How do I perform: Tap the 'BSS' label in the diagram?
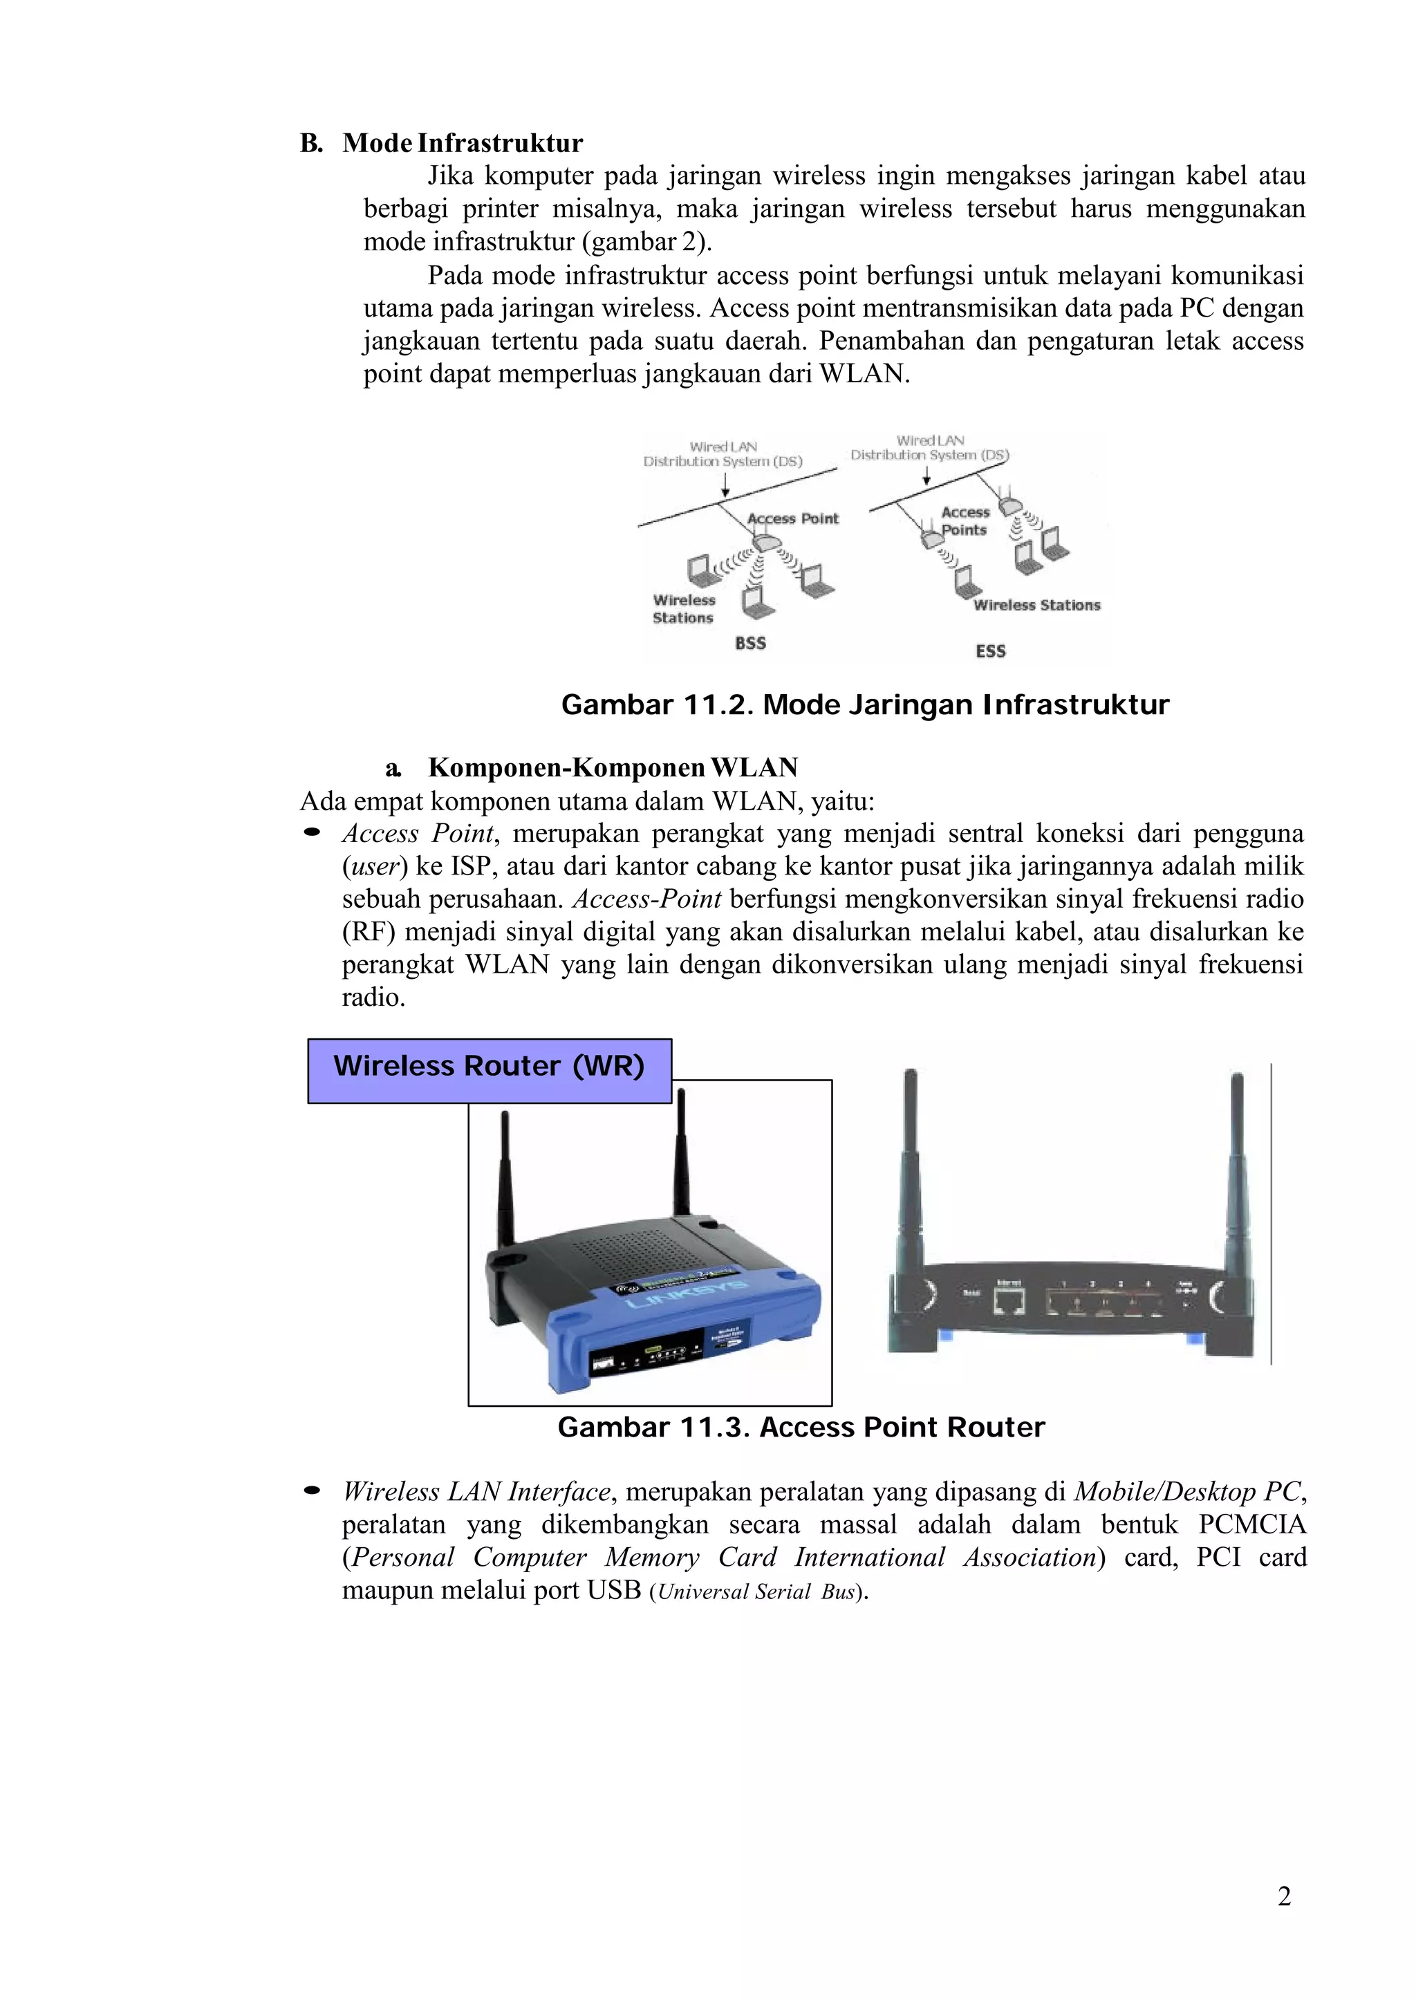[750, 644]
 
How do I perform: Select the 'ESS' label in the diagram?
[991, 651]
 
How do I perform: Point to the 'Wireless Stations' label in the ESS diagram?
[1036, 605]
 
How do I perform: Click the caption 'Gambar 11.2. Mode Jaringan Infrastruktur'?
[865, 704]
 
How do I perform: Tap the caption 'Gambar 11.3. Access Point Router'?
[801, 1427]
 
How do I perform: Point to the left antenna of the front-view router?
[504, 1177]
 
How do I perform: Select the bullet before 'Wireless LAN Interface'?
[311, 1492]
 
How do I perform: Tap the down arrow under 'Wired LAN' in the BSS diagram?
[725, 485]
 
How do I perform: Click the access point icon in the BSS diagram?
[768, 541]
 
